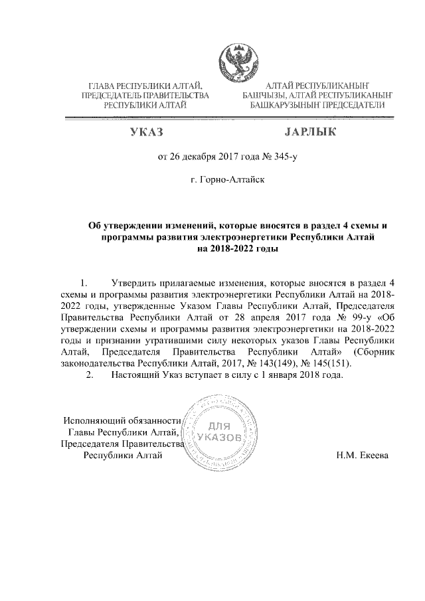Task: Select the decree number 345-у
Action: pyautogui.click(x=263, y=157)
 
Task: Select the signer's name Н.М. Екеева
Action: pyautogui.click(x=363, y=456)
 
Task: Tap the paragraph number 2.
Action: pyautogui.click(x=90, y=375)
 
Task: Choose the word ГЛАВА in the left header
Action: pyautogui.click(x=103, y=86)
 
